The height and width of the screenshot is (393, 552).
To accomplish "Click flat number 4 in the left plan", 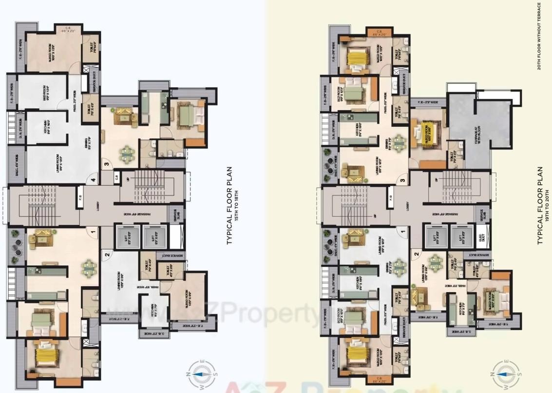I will coord(93,180).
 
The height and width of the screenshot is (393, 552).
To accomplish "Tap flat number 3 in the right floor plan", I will coord(402,181).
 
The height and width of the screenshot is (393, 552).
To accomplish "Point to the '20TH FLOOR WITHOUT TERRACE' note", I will coord(539,37).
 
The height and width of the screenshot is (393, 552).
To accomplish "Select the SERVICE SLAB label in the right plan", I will coord(481,215).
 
